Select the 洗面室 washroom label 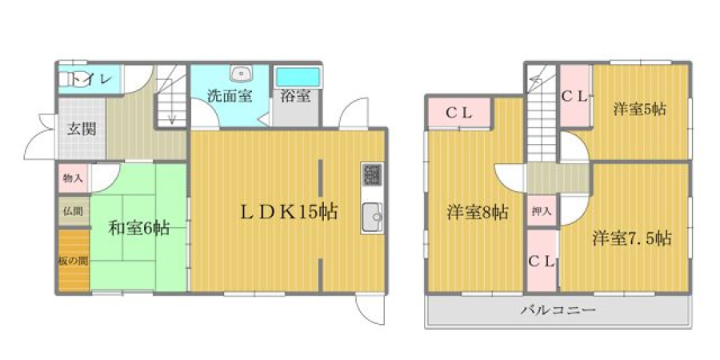pyautogui.click(x=229, y=96)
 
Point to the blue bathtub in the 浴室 pyautogui.click(x=297, y=77)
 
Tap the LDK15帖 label pyautogui.click(x=290, y=212)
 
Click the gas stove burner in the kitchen pyautogui.click(x=372, y=174)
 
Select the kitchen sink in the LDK pyautogui.click(x=372, y=217)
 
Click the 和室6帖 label pyautogui.click(x=138, y=228)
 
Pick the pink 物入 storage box pyautogui.click(x=74, y=178)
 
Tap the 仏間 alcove pyautogui.click(x=74, y=211)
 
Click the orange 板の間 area pyautogui.click(x=74, y=261)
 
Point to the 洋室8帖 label pyautogui.click(x=478, y=213)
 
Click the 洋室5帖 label pyautogui.click(x=640, y=110)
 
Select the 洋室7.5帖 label pyautogui.click(x=632, y=238)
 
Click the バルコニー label pyautogui.click(x=558, y=310)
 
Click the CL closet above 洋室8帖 pyautogui.click(x=458, y=113)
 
